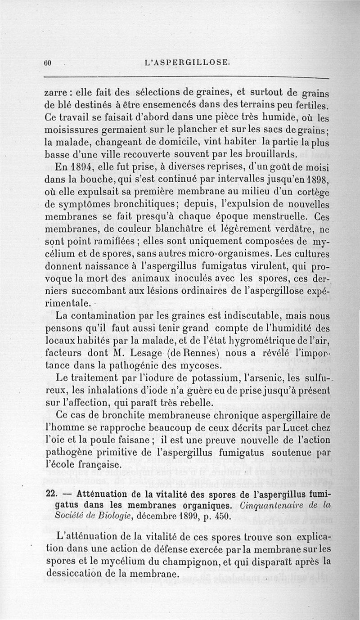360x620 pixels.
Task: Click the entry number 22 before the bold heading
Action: click(x=51, y=493)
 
